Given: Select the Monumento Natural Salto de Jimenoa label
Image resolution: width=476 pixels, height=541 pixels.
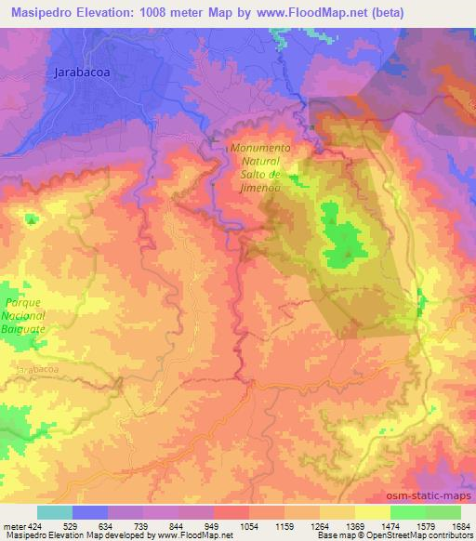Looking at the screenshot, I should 261,167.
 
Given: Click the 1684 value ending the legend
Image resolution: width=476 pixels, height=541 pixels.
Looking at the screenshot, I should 459,526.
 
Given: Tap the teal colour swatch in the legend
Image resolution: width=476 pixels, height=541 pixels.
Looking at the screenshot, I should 55,512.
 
